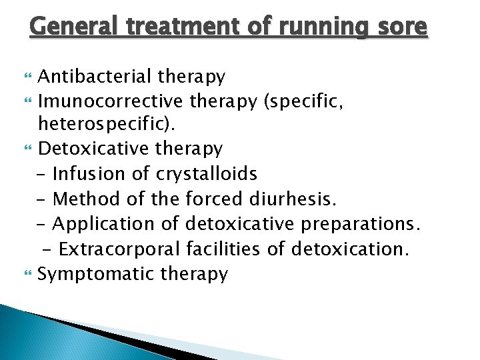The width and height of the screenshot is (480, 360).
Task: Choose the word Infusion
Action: (x=90, y=174)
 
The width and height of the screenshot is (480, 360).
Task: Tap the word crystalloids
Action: (x=207, y=174)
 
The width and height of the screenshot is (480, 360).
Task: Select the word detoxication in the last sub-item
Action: (x=351, y=249)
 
